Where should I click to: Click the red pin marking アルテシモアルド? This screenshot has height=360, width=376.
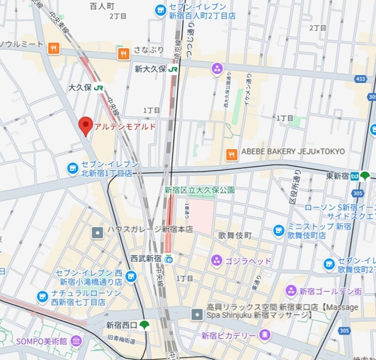pos(85,125)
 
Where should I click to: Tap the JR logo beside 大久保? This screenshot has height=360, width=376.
pos(98,88)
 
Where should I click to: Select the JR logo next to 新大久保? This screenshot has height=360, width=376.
pos(173,69)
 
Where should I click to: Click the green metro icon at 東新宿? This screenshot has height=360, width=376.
pos(365,176)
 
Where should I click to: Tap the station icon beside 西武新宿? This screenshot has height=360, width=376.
pos(169,259)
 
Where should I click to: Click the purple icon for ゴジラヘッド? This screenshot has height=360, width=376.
pos(217,260)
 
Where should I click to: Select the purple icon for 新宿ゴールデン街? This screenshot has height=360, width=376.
pos(291,291)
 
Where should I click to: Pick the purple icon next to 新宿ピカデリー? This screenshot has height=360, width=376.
pos(265,335)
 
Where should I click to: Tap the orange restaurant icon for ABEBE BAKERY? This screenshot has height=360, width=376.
pos(231,154)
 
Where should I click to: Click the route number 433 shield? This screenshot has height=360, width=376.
pos(360,79)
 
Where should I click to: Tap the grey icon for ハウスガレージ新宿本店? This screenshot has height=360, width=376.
pos(97,232)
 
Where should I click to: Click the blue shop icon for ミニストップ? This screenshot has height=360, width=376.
pos(279,231)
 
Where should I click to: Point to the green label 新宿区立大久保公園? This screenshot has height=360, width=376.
pos(199,190)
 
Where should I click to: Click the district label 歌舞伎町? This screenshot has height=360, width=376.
pos(235,235)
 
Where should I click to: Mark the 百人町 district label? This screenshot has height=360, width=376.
pos(102,6)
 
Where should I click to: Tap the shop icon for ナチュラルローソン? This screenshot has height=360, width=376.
pos(43,296)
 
